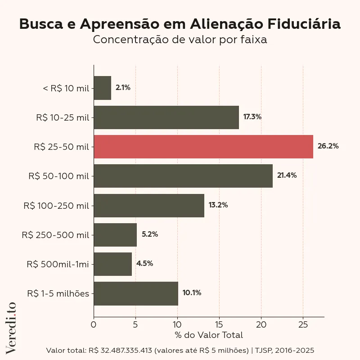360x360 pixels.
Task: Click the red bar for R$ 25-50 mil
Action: pyautogui.click(x=203, y=147)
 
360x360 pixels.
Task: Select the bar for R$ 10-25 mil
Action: pyautogui.click(x=166, y=117)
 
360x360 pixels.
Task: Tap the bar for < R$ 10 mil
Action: pyautogui.click(x=103, y=88)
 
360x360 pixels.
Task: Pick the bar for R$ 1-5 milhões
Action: pyautogui.click(x=136, y=293)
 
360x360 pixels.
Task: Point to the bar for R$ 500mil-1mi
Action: pyautogui.click(x=112, y=264)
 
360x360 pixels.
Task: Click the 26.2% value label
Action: pyautogui.click(x=328, y=146)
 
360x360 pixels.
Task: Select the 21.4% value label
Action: pyautogui.click(x=287, y=175)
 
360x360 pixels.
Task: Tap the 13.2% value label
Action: pyautogui.click(x=218, y=205)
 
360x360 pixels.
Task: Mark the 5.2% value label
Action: pyautogui.click(x=150, y=234)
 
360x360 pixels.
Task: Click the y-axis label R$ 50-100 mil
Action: pyautogui.click(x=58, y=176)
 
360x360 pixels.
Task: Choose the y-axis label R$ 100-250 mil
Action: pyautogui.click(x=56, y=206)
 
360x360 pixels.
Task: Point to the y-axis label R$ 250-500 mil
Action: pyautogui.click(x=55, y=235)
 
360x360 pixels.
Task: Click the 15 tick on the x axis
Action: pyautogui.click(x=219, y=324)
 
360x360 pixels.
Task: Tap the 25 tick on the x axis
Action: pyautogui.click(x=303, y=324)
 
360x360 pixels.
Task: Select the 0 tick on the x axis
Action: pyautogui.click(x=94, y=324)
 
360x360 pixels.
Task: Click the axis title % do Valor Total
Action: pyautogui.click(x=208, y=335)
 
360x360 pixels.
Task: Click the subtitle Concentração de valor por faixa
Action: pyautogui.click(x=180, y=40)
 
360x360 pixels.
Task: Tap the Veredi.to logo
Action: pyautogui.click(x=11, y=327)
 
